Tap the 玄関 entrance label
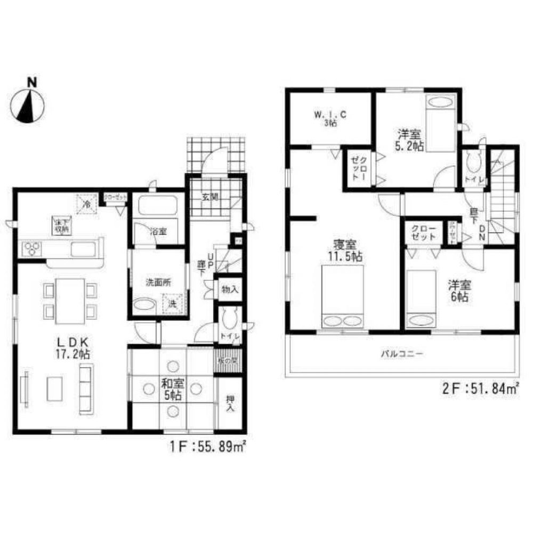tap(209, 197)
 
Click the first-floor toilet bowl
tap(230, 319)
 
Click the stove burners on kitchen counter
tap(31, 248)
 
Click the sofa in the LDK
tap(85, 389)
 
